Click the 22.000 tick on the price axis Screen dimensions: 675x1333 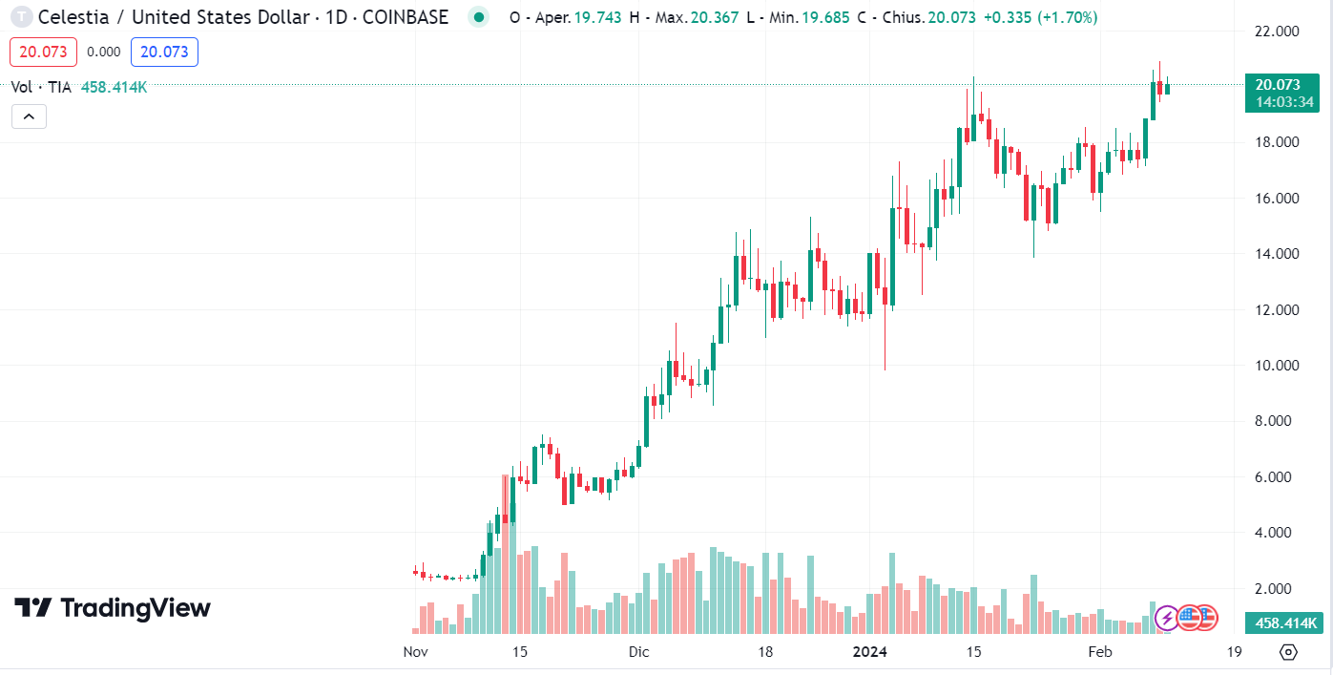1277,32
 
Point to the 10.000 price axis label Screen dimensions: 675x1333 1277,366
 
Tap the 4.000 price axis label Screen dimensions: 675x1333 1277,533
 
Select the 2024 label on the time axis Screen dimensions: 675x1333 869,652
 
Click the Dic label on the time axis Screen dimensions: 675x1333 638,652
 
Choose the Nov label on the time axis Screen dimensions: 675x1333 415,652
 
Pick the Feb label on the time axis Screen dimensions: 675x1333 1100,652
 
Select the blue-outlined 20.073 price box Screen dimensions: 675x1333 164,52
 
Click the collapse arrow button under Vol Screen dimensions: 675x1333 29,116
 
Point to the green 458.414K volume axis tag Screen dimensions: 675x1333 1285,623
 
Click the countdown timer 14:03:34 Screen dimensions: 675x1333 1285,102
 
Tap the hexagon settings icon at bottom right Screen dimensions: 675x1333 1288,652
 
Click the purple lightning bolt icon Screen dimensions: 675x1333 1166,619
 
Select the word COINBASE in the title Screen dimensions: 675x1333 406,17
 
